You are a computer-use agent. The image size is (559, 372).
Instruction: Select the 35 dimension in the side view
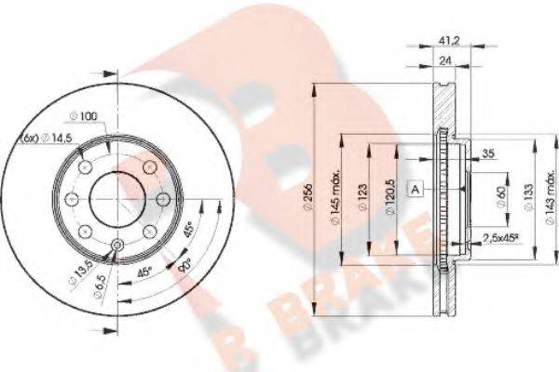(x=486, y=157)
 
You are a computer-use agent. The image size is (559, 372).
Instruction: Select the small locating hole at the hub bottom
(x=116, y=245)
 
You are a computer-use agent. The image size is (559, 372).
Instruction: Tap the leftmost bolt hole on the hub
(x=77, y=198)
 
